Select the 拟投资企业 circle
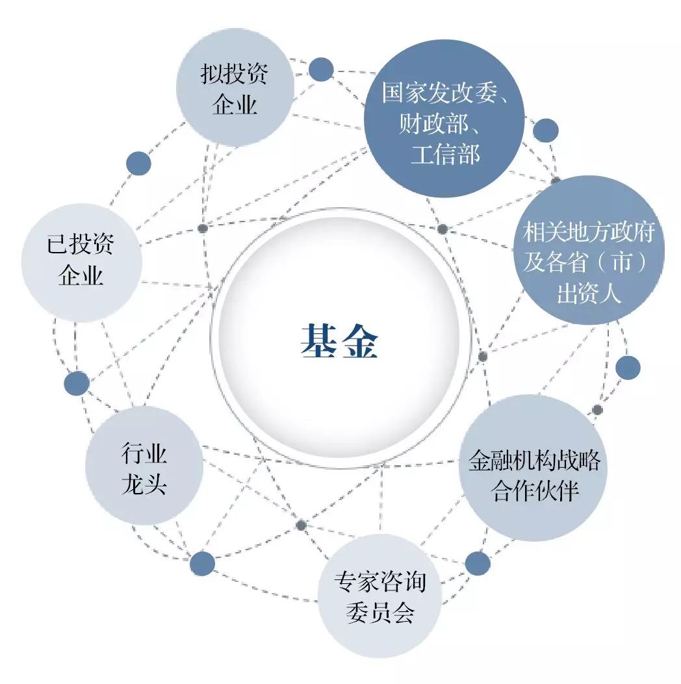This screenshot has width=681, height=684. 235,87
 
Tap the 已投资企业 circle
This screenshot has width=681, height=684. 82,262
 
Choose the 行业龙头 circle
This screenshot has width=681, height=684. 144,466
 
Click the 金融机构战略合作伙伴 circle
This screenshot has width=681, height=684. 533,468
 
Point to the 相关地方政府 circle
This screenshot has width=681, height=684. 589,250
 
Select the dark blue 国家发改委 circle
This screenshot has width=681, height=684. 444,118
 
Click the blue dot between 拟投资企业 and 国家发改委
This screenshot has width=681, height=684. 321,70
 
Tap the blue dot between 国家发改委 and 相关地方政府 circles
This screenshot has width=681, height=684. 546,130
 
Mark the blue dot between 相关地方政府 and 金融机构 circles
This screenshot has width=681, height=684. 628,367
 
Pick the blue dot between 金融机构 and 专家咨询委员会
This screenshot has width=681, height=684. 478,563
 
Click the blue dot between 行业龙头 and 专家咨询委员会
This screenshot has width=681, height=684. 203,563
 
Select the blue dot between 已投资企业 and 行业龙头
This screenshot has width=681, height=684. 77,383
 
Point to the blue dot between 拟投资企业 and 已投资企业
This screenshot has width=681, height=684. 138,164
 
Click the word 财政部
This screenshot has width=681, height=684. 433,123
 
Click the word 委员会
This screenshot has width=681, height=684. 380,612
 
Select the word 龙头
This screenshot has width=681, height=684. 144,484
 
